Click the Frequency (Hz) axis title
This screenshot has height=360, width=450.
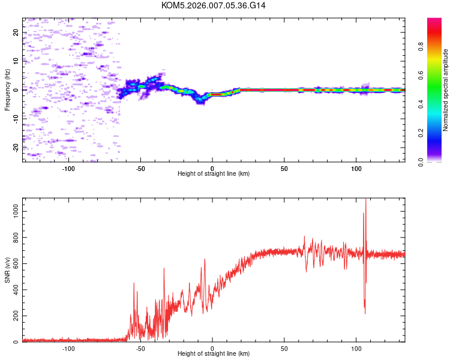pos(7,90)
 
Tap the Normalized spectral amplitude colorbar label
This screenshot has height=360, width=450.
pos(446,90)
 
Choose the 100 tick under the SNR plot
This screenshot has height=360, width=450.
pos(356,348)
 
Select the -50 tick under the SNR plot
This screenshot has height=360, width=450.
pos(140,348)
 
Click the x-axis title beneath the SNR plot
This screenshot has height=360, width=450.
pos(214,354)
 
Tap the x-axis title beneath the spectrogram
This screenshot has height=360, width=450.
pos(214,173)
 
